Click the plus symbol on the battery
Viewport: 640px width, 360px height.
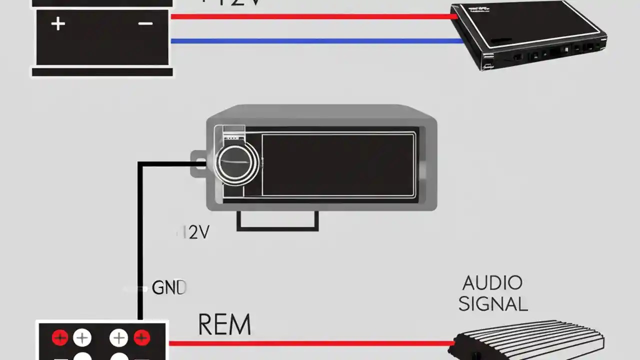coord(58,23)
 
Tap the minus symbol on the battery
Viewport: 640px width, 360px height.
coord(145,23)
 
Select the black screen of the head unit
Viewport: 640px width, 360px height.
coord(338,164)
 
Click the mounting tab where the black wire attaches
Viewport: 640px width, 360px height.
coord(198,163)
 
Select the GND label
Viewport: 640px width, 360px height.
coord(168,287)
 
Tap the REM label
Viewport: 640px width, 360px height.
coord(224,324)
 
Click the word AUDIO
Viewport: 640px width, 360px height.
coord(492,283)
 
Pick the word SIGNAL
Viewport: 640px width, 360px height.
coord(493,304)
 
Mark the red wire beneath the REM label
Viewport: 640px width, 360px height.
coord(310,343)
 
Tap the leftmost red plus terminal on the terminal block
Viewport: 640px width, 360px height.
coord(60,338)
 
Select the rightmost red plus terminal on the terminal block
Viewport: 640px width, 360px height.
coord(141,338)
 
